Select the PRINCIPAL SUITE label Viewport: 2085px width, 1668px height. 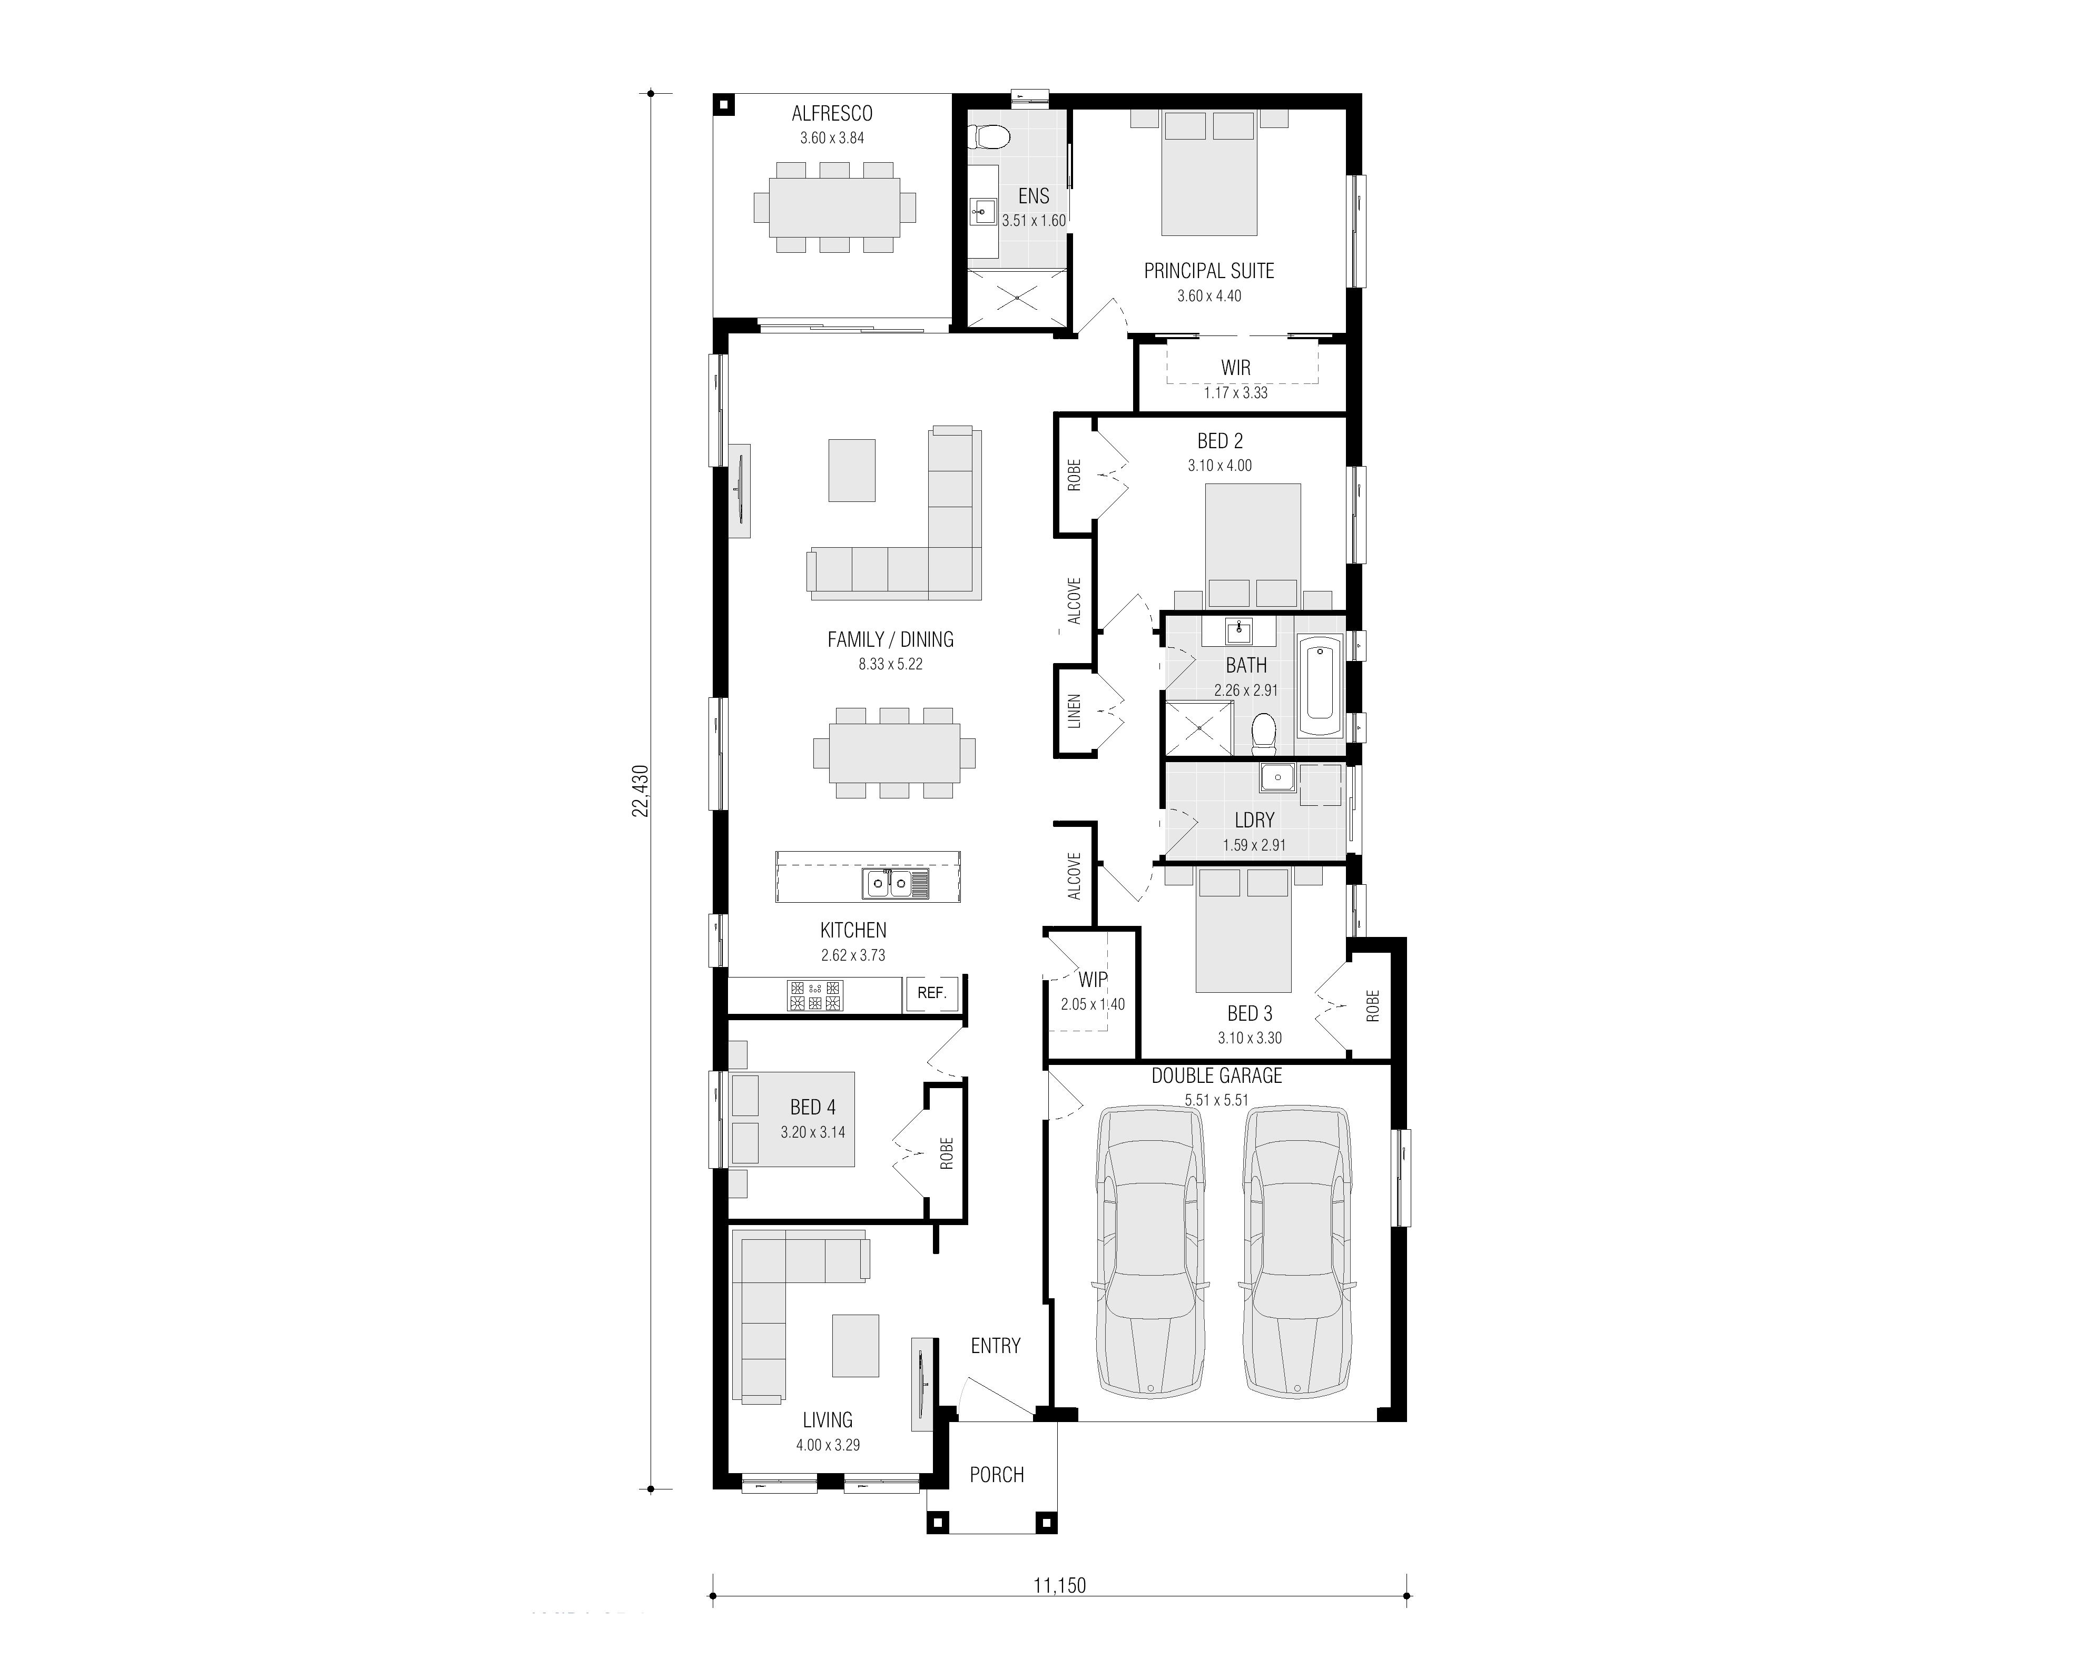1209,271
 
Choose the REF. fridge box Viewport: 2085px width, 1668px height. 931,993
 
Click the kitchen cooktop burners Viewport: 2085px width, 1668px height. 815,995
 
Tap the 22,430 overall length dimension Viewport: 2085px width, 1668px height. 640,791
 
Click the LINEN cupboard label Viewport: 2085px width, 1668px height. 1074,712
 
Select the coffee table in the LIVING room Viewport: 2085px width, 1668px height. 856,1345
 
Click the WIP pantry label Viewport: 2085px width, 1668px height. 1093,980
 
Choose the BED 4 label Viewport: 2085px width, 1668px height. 812,1107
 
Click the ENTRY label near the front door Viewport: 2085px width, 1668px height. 995,1346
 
